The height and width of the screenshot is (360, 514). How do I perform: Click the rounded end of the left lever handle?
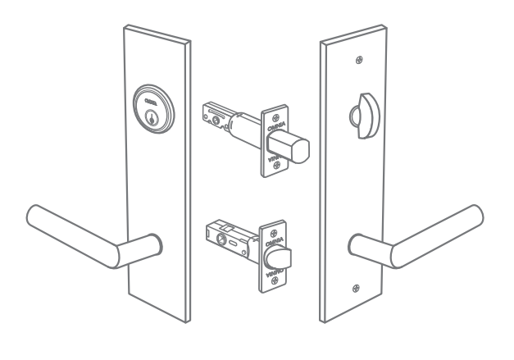[x=37, y=215]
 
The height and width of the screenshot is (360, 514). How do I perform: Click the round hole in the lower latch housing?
[x=221, y=239]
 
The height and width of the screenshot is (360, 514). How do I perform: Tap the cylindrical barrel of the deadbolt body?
[x=243, y=130]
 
